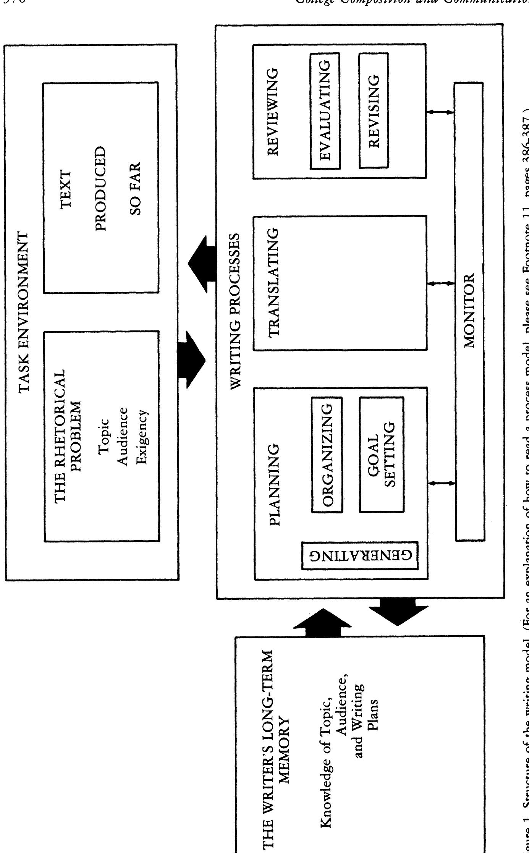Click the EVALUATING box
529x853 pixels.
[x=325, y=110]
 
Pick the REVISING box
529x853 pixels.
[x=374, y=110]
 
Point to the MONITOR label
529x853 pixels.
[x=469, y=310]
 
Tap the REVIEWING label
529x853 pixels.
[x=275, y=111]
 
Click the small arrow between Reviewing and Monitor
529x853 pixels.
[x=440, y=112]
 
